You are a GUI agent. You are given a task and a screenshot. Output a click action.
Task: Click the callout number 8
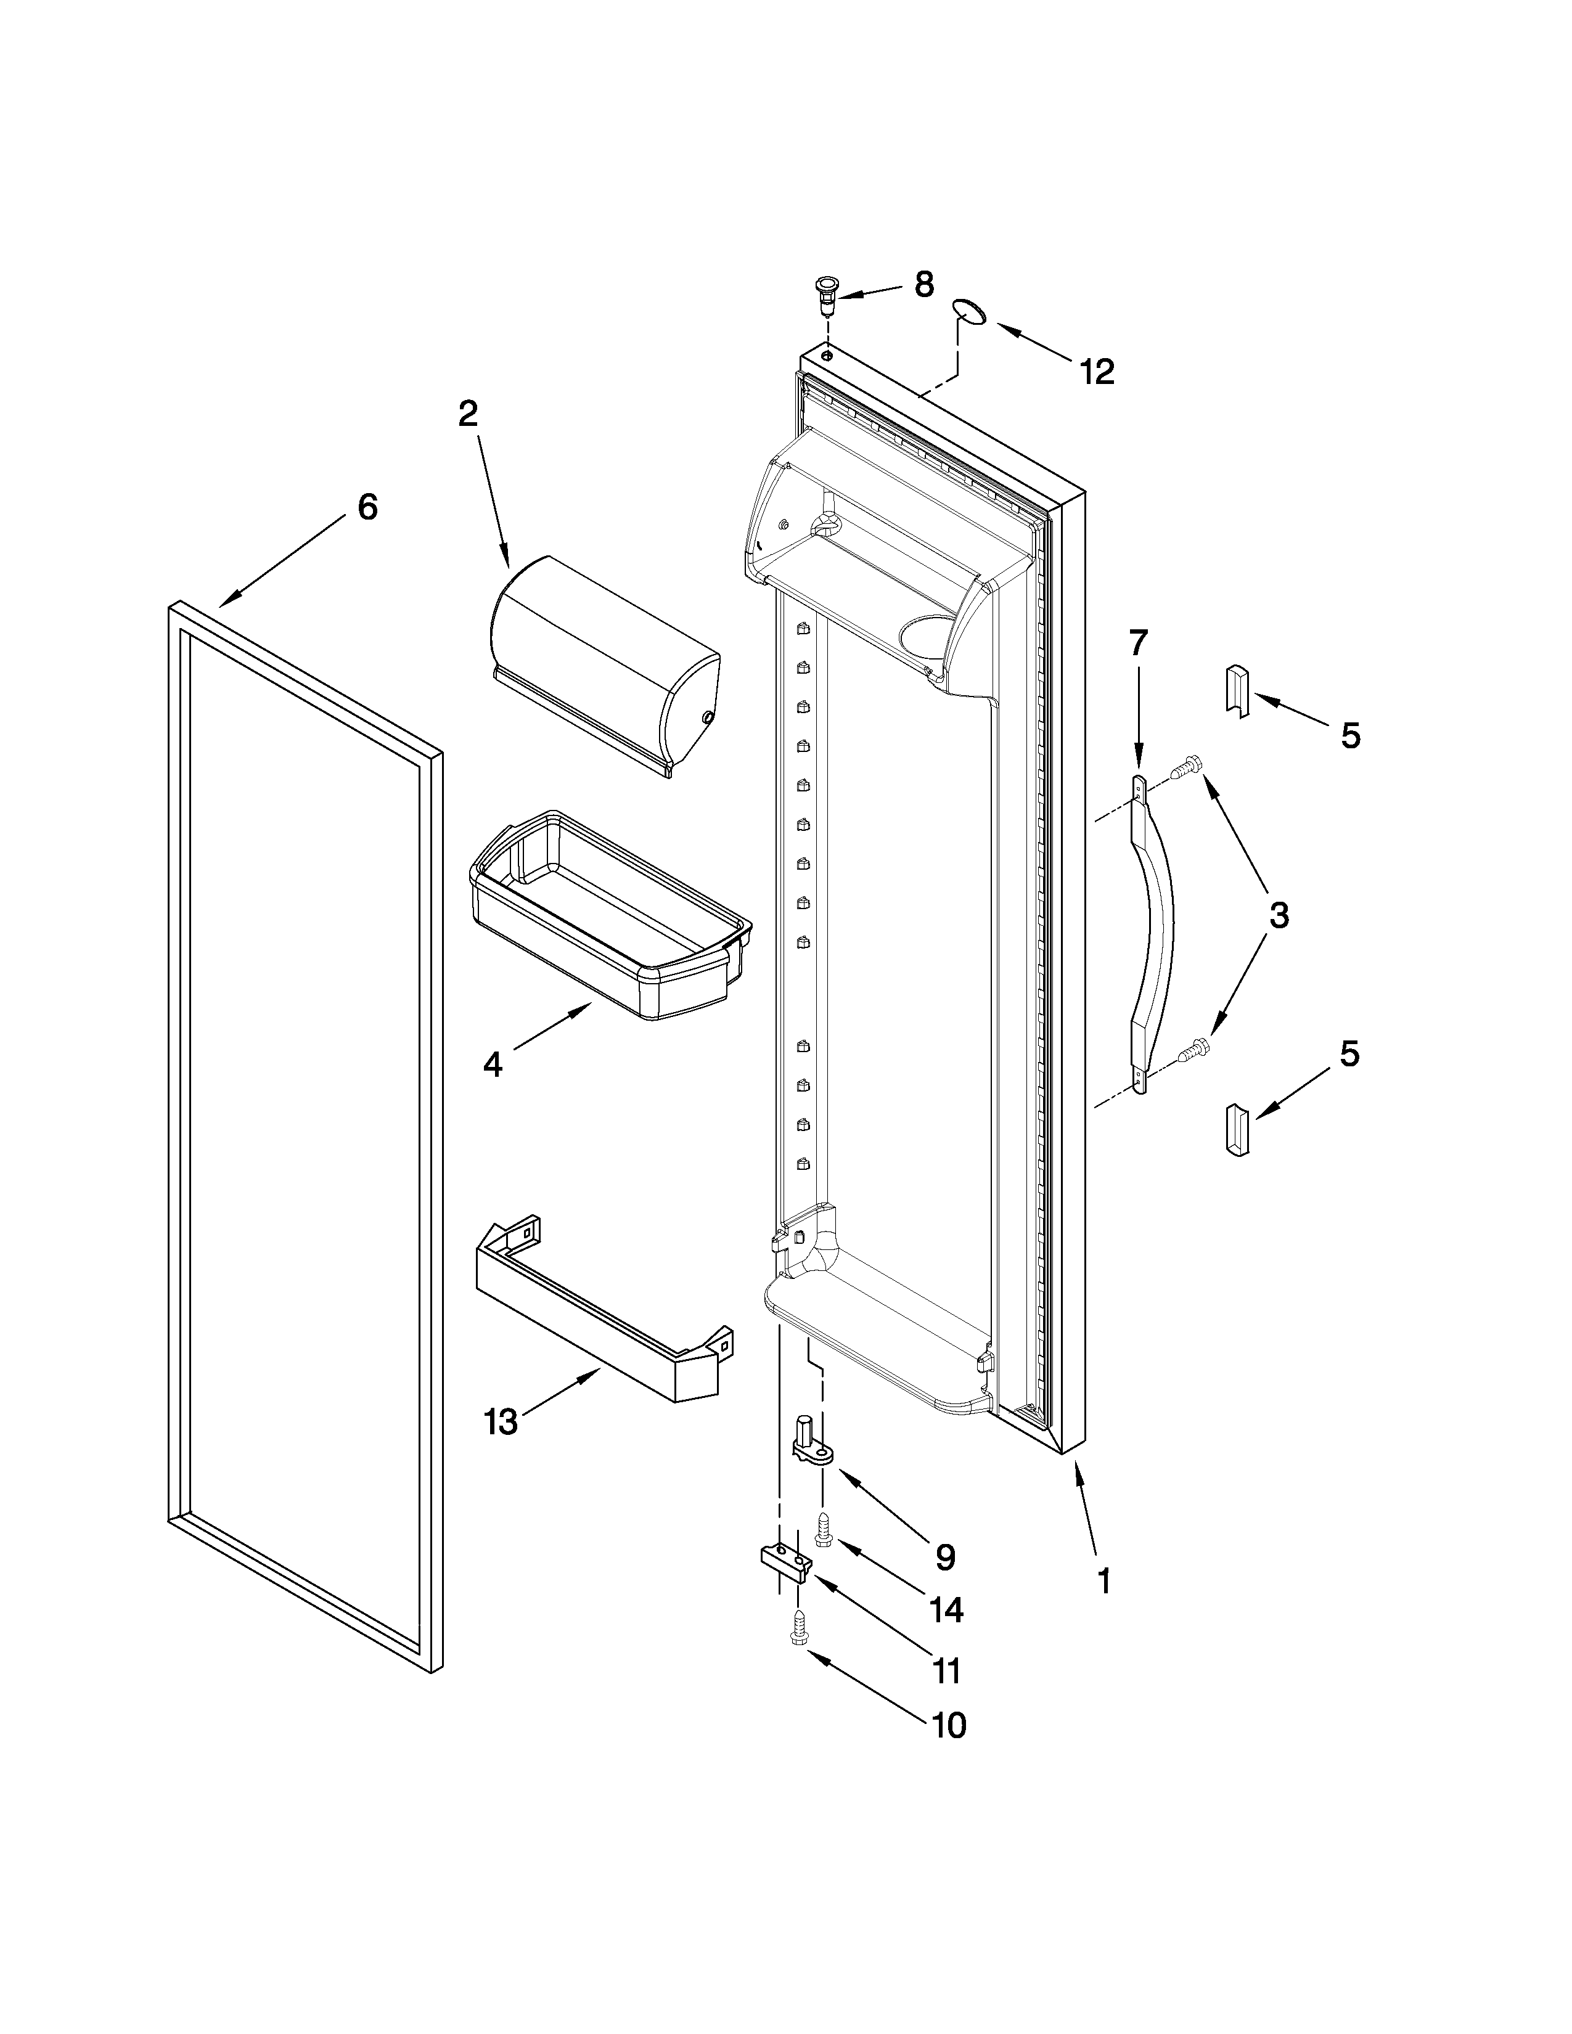923,285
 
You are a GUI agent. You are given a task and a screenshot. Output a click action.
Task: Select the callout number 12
1097,372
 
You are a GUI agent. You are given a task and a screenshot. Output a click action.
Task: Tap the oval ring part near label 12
970,311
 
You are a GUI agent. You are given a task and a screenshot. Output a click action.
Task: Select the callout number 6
368,507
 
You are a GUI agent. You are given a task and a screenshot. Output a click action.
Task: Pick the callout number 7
1138,643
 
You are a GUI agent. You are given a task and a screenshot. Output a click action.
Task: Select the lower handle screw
1193,1050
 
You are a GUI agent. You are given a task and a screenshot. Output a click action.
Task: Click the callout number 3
1279,915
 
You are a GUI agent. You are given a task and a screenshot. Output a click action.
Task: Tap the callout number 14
946,1609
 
